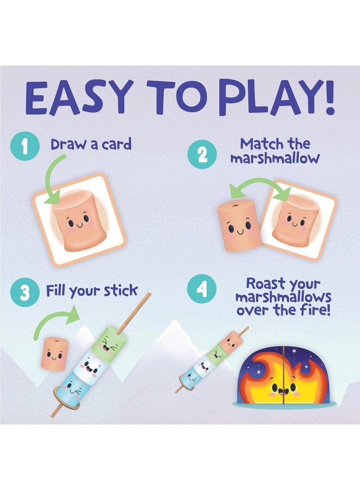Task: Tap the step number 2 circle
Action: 202,154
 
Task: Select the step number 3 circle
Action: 25,293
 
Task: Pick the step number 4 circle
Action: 202,289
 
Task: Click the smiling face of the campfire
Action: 283,387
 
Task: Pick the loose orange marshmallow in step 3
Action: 54,352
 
